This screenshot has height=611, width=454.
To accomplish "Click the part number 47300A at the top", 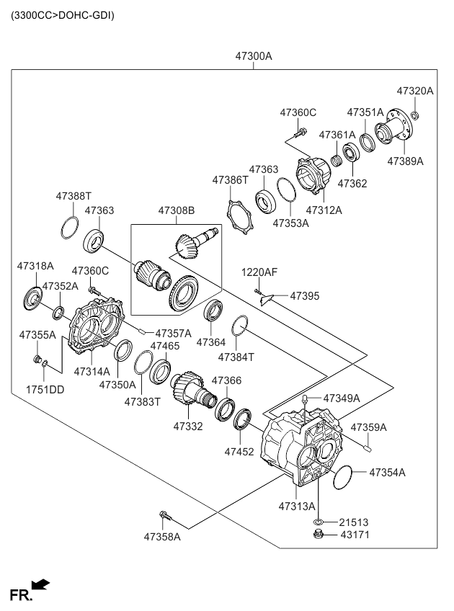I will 253,55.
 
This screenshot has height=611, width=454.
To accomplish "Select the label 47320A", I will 415,91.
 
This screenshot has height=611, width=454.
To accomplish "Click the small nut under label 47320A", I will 417,115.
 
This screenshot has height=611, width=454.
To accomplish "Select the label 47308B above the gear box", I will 177,210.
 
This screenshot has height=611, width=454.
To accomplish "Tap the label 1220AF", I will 259,272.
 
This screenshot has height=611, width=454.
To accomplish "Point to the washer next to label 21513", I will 318,521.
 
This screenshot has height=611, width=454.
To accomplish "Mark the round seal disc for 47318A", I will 33,298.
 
